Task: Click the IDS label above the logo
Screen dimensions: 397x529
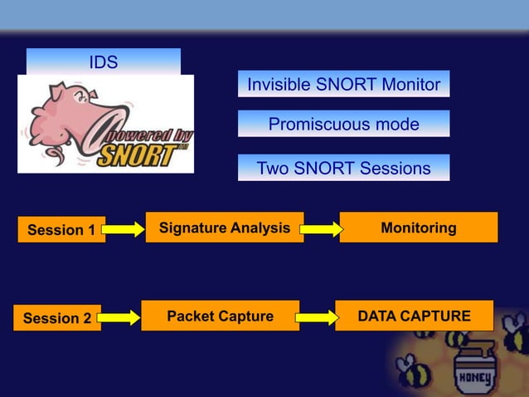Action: coord(104,62)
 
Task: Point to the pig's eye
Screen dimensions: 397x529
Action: coord(80,97)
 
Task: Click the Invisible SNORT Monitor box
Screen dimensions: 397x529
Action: coord(343,84)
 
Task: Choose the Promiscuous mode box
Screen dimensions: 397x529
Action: coord(343,125)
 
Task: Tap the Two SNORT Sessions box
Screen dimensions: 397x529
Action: coord(343,168)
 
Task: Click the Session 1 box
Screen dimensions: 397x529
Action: coord(61,230)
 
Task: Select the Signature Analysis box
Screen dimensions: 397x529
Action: coord(225,228)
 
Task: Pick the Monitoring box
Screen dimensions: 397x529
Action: coord(418,228)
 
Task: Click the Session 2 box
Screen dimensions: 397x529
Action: coord(57,318)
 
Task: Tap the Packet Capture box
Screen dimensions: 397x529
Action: coord(220,316)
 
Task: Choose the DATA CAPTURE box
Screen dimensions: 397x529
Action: coord(414,316)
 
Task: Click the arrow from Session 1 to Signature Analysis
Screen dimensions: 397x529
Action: coord(124,229)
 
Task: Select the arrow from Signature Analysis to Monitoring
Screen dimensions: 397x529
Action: coord(321,229)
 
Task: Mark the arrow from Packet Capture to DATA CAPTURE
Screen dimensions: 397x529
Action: coord(317,317)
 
